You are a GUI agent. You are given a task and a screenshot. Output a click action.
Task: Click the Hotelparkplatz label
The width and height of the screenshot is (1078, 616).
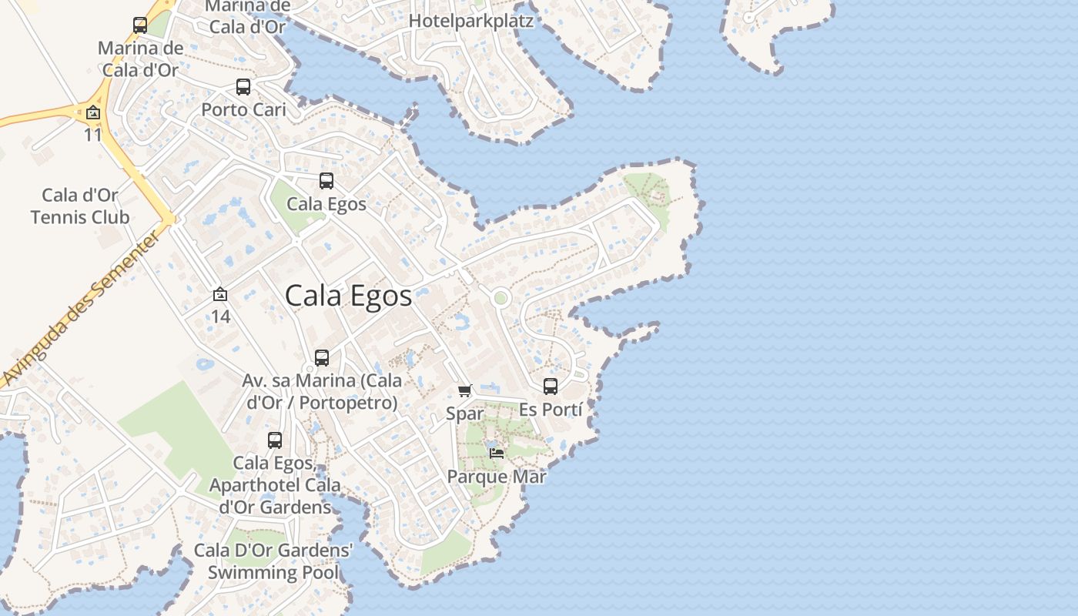click(x=470, y=21)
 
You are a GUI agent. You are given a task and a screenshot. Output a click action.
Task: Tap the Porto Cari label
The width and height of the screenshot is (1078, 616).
click(x=243, y=109)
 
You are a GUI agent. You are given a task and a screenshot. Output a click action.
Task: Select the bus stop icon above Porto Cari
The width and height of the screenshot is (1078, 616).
click(x=243, y=87)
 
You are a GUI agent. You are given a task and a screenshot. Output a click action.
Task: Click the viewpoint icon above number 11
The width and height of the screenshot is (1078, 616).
click(x=93, y=113)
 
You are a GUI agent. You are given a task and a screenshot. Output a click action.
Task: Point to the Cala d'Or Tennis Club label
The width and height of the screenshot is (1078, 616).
click(x=80, y=206)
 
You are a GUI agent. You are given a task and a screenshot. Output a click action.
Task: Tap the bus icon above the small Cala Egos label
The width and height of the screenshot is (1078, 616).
click(x=326, y=181)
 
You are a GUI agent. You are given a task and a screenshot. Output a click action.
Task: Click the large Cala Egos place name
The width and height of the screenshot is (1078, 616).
click(x=348, y=296)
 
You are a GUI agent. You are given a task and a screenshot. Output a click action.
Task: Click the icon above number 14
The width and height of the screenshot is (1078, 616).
click(x=220, y=294)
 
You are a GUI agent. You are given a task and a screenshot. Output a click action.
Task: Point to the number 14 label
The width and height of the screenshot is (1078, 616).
click(x=221, y=316)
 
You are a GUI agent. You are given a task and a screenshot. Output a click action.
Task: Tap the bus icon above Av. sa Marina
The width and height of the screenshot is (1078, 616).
click(x=322, y=358)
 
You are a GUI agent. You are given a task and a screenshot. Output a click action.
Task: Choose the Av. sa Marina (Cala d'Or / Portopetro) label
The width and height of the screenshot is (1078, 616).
click(x=321, y=391)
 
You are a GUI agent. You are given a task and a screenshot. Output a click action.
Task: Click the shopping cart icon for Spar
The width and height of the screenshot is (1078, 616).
click(x=465, y=391)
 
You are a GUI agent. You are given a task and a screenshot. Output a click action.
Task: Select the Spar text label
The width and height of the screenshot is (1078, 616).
click(x=465, y=413)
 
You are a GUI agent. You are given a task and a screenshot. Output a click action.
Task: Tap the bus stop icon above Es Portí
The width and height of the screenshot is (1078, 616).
click(x=551, y=387)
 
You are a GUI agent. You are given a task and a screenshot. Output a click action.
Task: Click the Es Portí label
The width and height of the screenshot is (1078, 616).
click(x=551, y=410)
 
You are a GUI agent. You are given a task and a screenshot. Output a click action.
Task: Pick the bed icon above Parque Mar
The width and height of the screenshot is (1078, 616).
click(x=497, y=453)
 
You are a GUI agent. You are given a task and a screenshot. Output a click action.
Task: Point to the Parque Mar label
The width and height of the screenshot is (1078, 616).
click(x=497, y=477)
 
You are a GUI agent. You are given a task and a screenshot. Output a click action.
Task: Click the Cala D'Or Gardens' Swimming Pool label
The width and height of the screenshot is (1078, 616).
click(x=273, y=561)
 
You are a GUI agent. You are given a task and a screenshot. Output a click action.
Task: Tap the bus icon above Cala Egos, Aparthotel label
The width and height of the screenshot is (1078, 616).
click(x=275, y=440)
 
